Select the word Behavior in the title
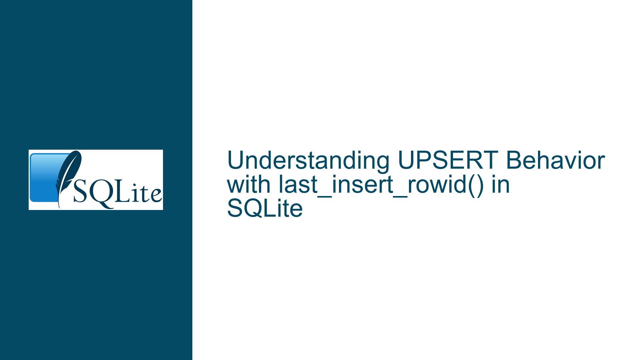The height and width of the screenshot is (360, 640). click(555, 161)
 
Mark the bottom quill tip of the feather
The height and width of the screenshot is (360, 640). click(59, 207)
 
